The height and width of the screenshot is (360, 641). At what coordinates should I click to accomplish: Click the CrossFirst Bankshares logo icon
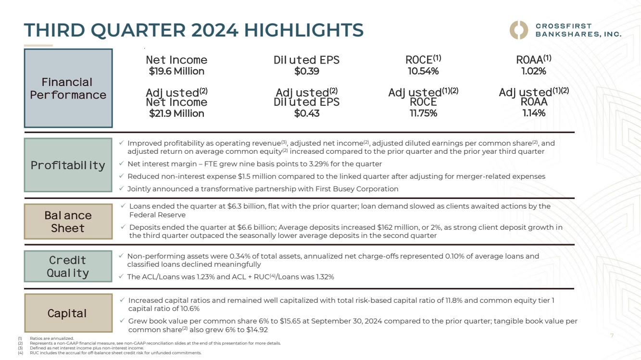pos(519,30)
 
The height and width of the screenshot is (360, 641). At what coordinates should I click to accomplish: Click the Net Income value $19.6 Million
pos(176,71)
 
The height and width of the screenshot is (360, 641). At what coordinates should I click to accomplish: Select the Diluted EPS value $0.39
pos(306,71)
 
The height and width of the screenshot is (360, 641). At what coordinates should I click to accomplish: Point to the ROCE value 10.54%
pos(423,71)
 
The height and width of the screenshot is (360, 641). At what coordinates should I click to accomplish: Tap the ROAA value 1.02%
pos(533,71)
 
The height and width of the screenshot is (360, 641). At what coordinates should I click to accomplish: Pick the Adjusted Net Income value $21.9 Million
pos(176,113)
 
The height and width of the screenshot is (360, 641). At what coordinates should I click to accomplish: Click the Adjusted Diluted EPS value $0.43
pos(306,113)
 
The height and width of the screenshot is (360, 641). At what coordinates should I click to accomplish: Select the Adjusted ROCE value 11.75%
pos(423,113)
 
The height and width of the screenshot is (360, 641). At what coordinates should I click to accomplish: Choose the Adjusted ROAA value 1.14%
pos(533,113)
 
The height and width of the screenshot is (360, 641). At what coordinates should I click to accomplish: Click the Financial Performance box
pos(68,88)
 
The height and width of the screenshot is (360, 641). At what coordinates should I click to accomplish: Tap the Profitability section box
pos(68,165)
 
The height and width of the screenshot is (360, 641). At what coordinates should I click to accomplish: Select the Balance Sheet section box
pos(68,222)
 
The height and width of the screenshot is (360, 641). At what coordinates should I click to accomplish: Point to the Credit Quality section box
pos(68,266)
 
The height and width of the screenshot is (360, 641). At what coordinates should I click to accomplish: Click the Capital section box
pos(68,313)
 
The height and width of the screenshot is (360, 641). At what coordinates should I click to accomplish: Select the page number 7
pos(612,335)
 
